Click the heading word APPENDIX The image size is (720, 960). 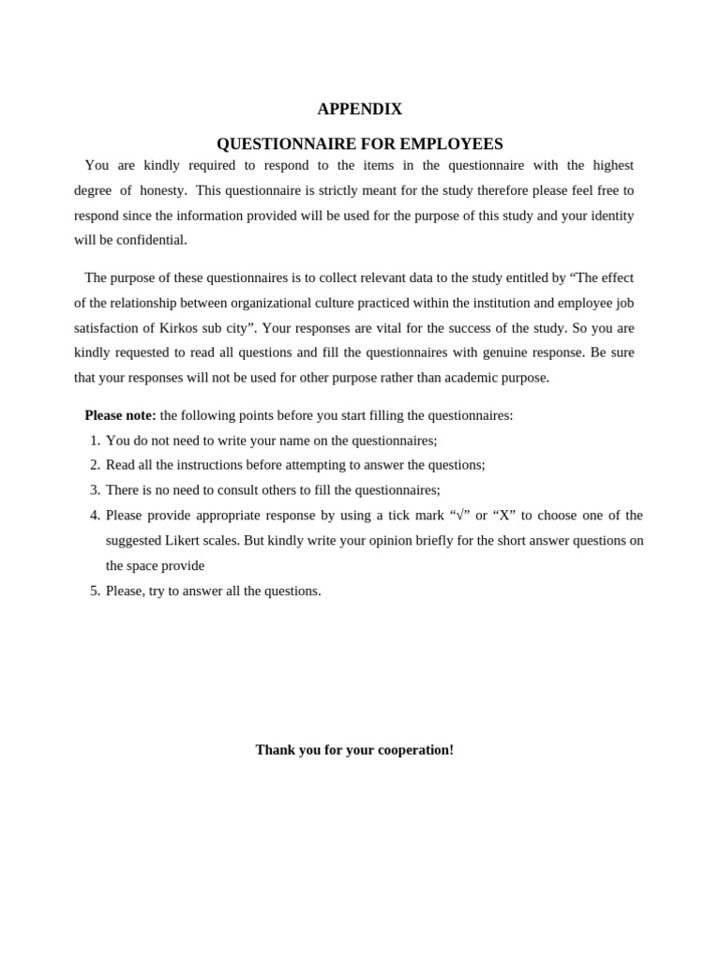click(x=359, y=109)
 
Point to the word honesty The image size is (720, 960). click(x=163, y=190)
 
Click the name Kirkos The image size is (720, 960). click(x=181, y=328)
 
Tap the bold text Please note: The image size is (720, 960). click(x=120, y=415)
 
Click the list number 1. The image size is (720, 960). click(x=94, y=441)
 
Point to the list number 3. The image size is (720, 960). click(x=94, y=490)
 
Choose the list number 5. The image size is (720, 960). click(x=94, y=591)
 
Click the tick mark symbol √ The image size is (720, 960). click(x=459, y=515)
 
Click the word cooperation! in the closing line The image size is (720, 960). click(x=415, y=750)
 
